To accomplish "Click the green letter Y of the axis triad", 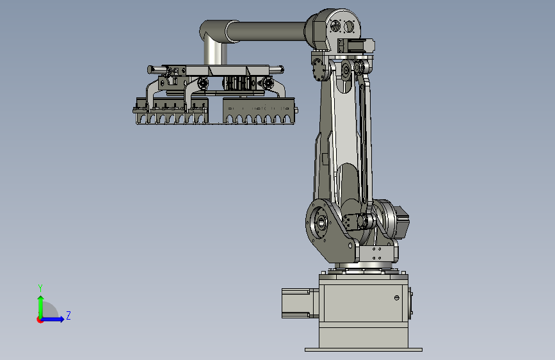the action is point(40,288).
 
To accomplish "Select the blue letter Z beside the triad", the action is point(68,315).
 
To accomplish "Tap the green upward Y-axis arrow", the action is point(41,307).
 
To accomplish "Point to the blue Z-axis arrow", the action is point(52,319).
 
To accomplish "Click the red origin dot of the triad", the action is point(40,320).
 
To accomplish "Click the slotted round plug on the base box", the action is point(397,298).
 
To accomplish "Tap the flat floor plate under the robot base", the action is point(364,350).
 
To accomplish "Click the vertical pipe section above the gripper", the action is point(215,53).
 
